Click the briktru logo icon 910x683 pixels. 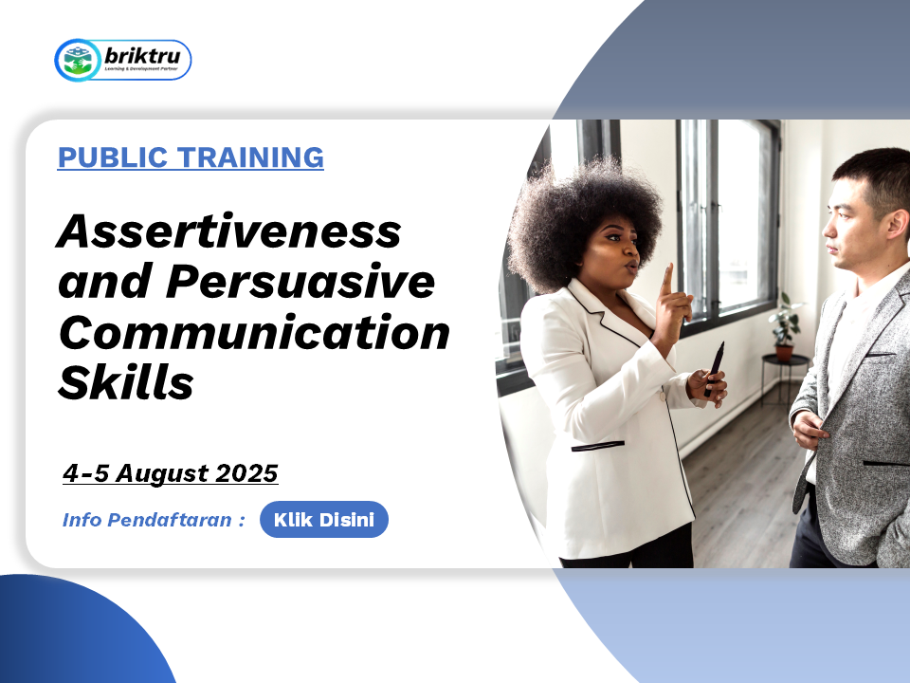78,60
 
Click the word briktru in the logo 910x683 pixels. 142,56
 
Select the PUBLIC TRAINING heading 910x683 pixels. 191,157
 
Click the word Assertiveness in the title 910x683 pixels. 228,231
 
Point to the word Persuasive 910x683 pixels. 300,282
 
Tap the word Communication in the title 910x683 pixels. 254,332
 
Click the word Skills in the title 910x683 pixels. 126,382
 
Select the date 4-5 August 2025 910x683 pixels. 171,472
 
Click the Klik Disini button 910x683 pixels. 324,519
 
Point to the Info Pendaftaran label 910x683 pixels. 154,519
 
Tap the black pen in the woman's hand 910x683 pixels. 715,369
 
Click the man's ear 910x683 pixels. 897,225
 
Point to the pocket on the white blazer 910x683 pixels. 598,446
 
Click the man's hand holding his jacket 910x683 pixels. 808,430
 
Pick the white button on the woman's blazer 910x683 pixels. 663,397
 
